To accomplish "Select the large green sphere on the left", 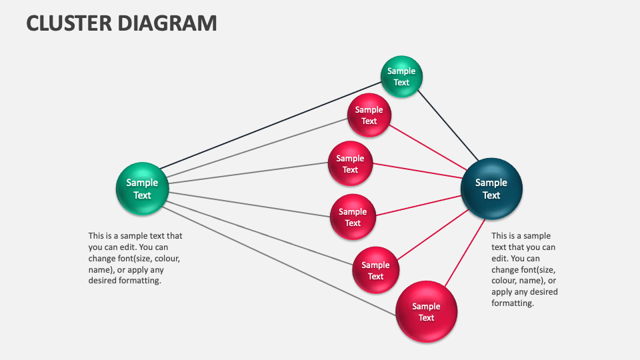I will tap(142, 189).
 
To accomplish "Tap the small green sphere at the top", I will tap(401, 77).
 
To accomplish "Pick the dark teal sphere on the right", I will tap(491, 189).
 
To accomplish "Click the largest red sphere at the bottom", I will tap(426, 311).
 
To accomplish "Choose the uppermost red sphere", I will tap(369, 115).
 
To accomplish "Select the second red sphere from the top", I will tap(350, 164).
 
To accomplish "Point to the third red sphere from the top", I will tap(353, 217).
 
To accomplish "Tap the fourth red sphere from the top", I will tap(375, 270).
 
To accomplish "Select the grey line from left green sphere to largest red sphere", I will tap(280, 261).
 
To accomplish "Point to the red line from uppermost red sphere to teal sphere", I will tap(427, 149).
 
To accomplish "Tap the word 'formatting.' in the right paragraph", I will tap(513, 303).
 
